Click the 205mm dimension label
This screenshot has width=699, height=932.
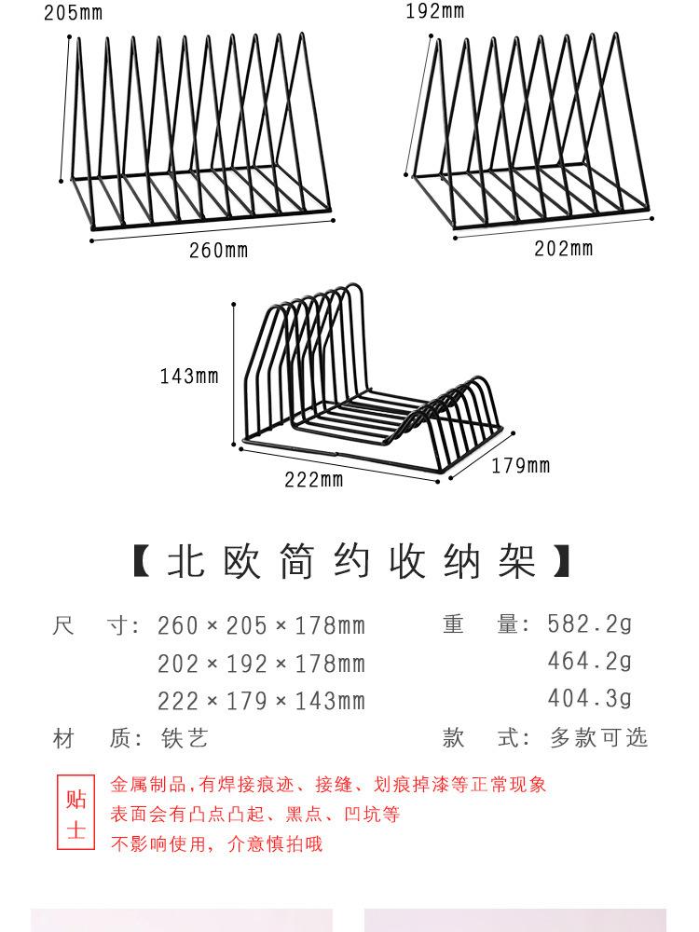coord(74,13)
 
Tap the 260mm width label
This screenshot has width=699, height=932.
coord(219,251)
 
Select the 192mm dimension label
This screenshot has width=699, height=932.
coord(434,12)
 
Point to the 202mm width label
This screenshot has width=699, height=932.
coord(563,249)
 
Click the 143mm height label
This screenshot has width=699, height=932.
coord(189,377)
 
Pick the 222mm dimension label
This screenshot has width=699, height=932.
coord(314,480)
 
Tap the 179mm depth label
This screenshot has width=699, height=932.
coord(520,466)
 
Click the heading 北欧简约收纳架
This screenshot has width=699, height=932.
coord(351,563)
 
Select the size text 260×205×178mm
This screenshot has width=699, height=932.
coord(261,625)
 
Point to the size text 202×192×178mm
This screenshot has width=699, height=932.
coord(261,664)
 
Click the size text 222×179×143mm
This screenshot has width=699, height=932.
coord(261,701)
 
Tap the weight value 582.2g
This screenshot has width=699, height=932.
coord(589,624)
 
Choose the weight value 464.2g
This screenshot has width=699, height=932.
coord(589,662)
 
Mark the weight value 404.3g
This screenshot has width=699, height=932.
coord(589,699)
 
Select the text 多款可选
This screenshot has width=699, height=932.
coord(597,738)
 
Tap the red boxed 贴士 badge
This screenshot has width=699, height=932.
coord(75,814)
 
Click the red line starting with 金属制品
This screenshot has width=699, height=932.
coord(328,785)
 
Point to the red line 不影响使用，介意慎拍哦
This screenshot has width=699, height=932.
coord(217,845)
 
